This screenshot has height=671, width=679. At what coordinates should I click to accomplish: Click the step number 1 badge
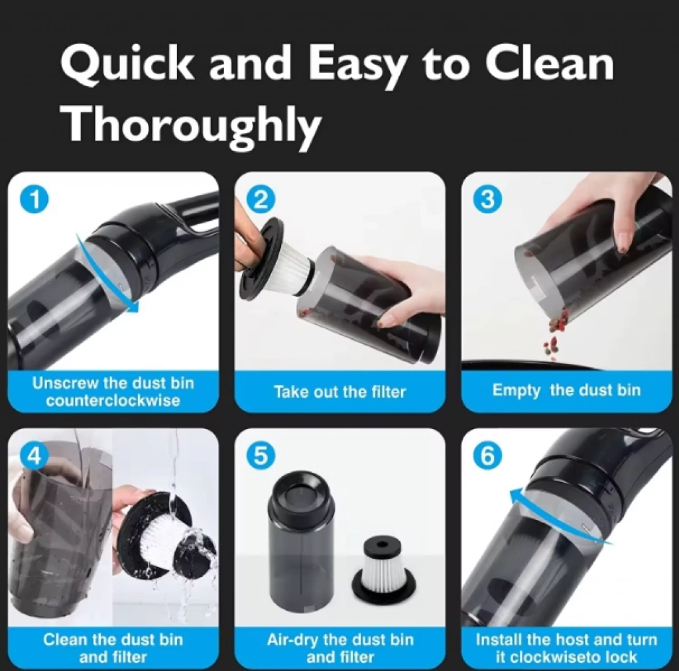pyautogui.click(x=36, y=200)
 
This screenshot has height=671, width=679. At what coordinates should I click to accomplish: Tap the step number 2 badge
pyautogui.click(x=261, y=200)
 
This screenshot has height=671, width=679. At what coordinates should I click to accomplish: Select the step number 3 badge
pyautogui.click(x=488, y=200)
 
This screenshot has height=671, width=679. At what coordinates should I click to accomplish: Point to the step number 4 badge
pyautogui.click(x=36, y=456)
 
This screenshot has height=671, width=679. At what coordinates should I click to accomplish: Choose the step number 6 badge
pyautogui.click(x=488, y=456)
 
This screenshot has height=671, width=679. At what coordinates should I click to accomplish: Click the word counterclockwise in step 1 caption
pyautogui.click(x=113, y=400)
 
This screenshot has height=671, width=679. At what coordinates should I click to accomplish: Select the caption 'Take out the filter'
pyautogui.click(x=340, y=392)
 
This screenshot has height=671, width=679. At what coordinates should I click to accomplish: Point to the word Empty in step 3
pyautogui.click(x=516, y=391)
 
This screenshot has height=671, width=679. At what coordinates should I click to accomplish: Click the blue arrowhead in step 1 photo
pyautogui.click(x=133, y=306)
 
